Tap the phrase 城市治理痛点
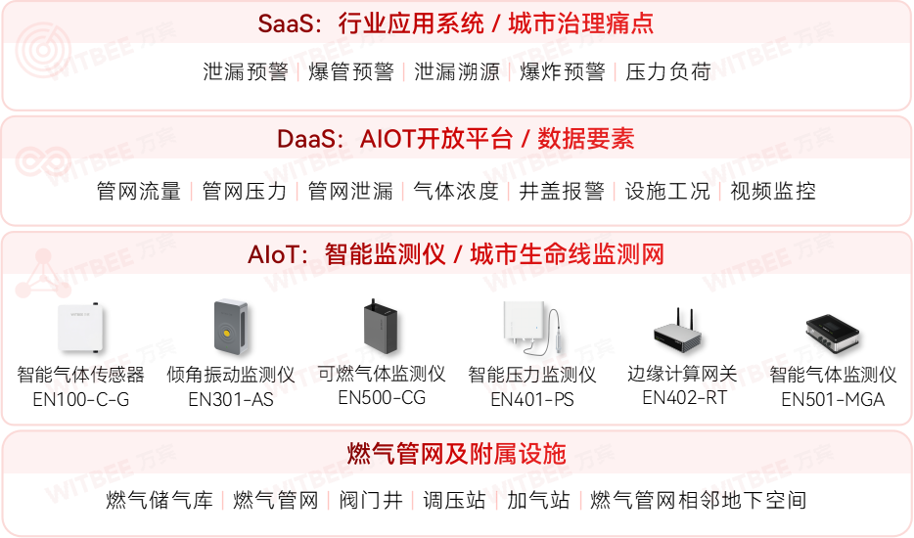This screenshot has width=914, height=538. [581, 23]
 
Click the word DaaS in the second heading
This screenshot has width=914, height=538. [304, 139]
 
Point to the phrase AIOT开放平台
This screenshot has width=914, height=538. [435, 139]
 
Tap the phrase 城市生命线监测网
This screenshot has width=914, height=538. [567, 255]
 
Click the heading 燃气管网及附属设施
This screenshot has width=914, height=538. [456, 453]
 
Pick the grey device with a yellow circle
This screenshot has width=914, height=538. [231, 327]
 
